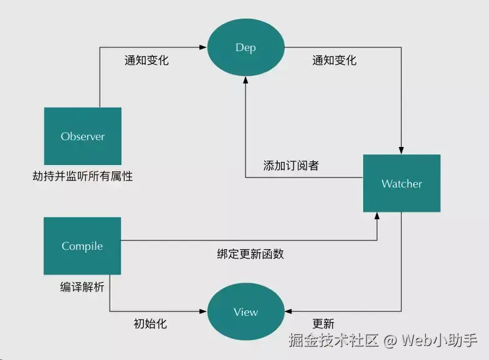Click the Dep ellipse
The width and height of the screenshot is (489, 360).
245,48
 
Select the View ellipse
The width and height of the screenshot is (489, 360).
245,312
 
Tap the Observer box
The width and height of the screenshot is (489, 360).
82,136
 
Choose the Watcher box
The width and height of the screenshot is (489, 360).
401,184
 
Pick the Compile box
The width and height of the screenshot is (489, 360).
82,246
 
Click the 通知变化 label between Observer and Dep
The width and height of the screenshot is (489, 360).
146,61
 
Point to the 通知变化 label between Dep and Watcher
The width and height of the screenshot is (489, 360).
335,61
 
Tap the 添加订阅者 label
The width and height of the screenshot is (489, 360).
292,166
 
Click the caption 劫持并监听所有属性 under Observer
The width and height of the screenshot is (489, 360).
83,176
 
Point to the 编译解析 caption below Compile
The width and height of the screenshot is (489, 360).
82,287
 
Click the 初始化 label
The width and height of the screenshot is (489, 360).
150,324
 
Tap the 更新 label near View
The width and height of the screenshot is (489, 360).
323,324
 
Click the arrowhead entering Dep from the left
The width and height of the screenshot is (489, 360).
203,47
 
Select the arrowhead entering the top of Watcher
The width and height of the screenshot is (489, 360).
401,151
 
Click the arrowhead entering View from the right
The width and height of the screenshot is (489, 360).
288,311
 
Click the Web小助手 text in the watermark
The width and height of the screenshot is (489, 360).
440,341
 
